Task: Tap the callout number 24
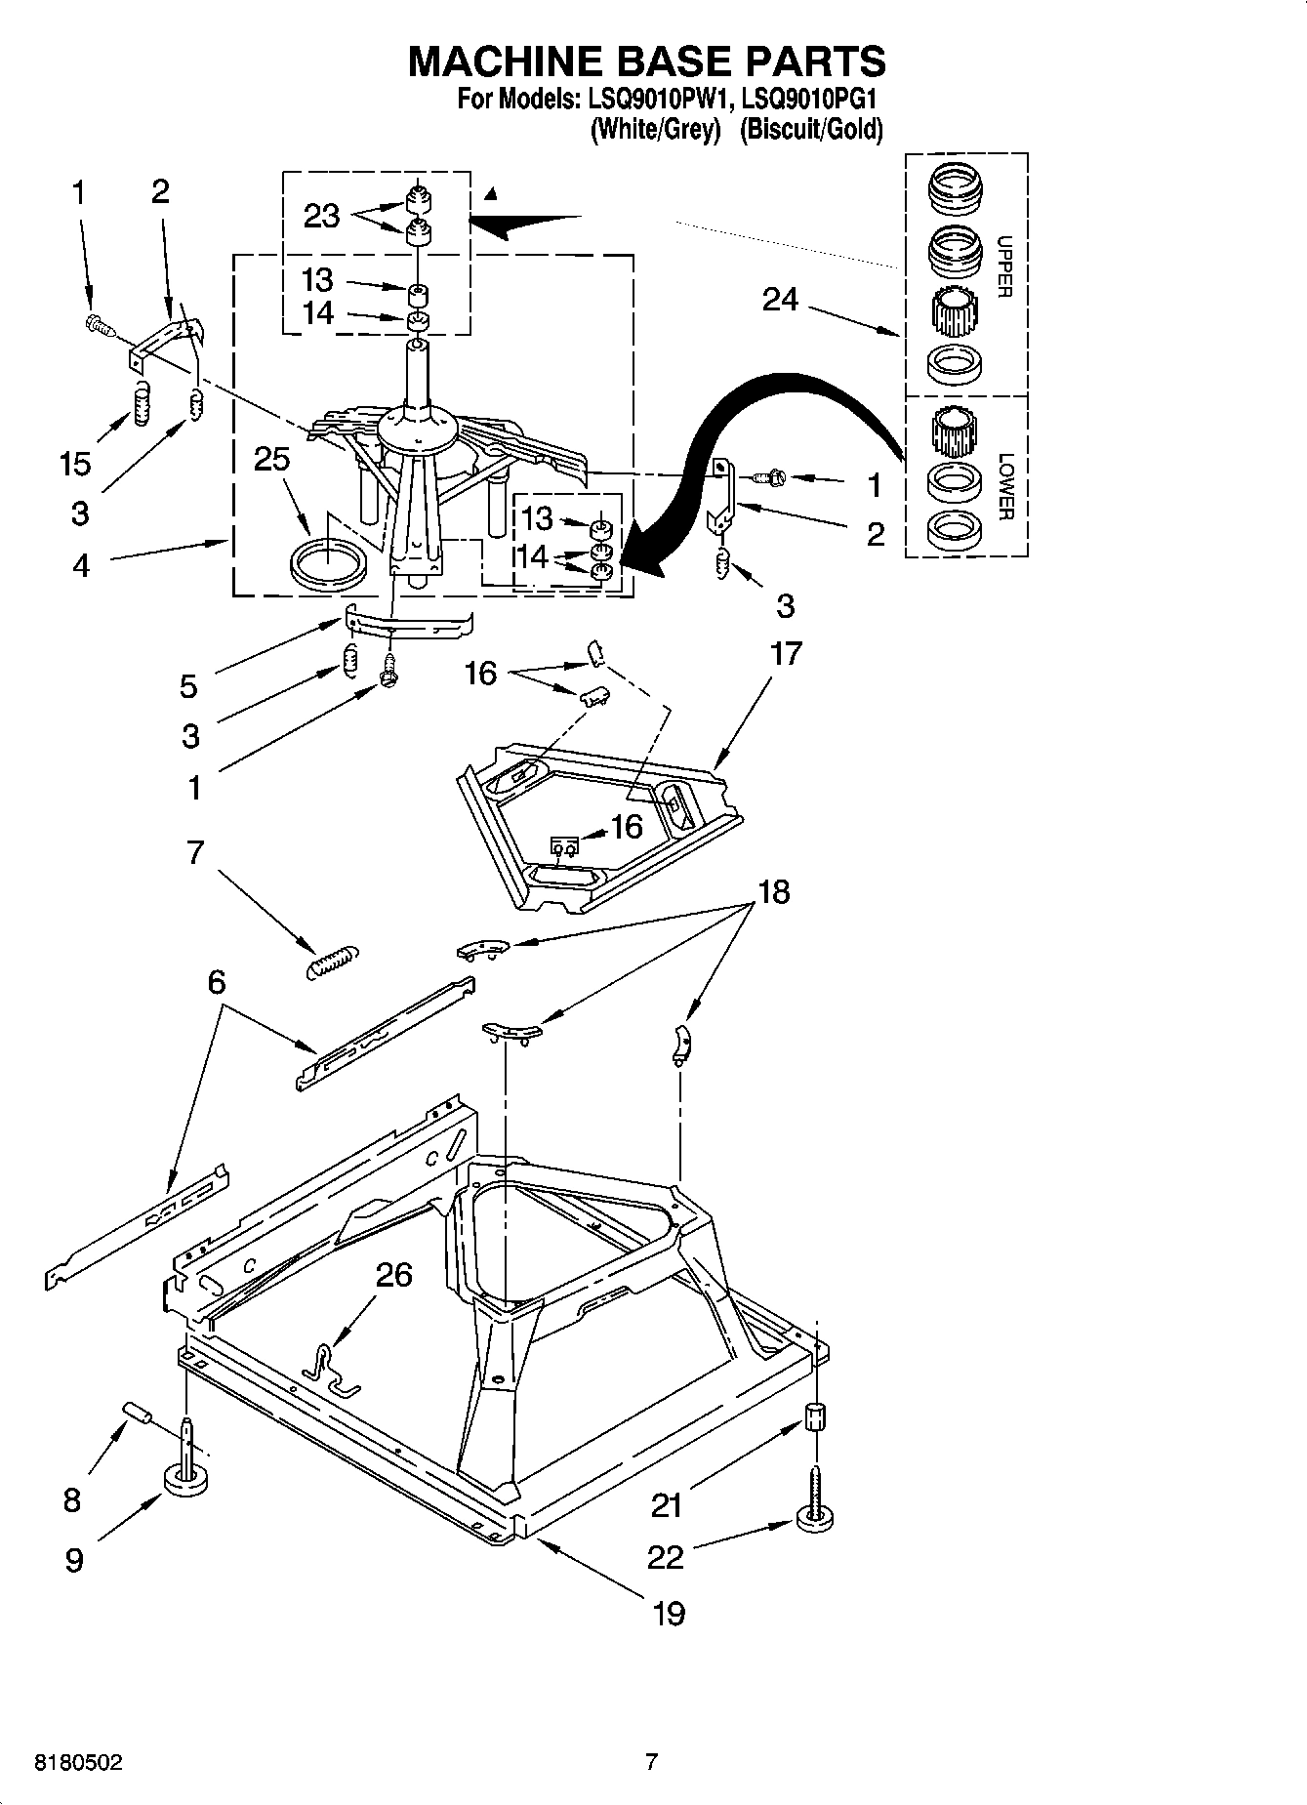point(780,300)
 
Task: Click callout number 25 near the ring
point(271,459)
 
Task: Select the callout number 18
point(773,891)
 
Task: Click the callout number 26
point(393,1275)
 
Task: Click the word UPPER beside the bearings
point(1005,266)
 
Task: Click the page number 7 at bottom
point(652,1762)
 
